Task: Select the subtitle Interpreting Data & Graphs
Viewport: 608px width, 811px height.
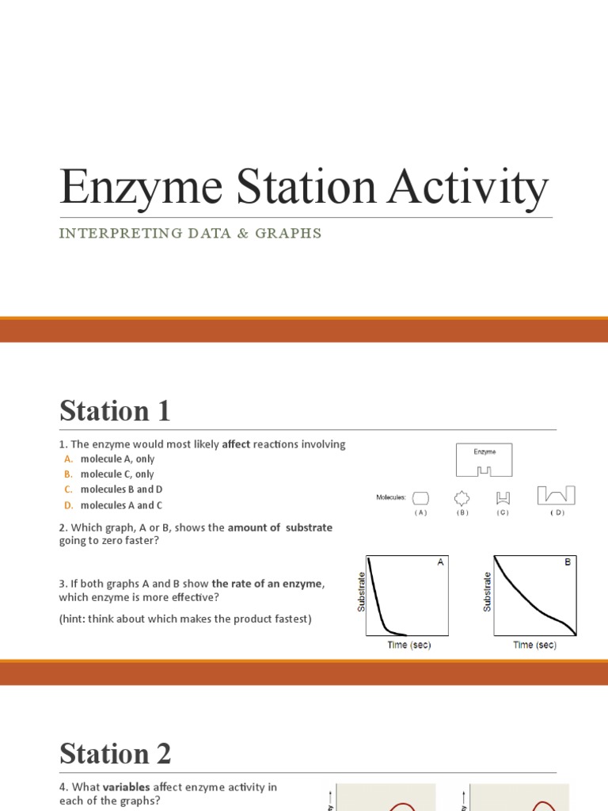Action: point(191,233)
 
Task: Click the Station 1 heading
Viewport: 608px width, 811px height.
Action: point(115,411)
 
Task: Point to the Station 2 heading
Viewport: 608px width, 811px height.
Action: point(116,754)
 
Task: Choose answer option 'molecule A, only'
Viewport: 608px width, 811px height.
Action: point(117,459)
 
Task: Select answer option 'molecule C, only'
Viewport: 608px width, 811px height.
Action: point(117,474)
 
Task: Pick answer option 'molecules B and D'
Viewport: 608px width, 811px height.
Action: point(121,489)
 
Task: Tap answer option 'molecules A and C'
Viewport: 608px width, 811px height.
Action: point(120,505)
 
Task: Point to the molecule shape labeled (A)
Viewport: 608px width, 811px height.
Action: point(420,497)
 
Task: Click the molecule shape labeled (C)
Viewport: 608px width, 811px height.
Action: point(503,497)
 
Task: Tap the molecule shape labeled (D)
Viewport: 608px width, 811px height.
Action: point(556,496)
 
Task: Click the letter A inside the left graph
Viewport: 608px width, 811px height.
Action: point(440,562)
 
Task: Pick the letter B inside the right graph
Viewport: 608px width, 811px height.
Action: point(568,562)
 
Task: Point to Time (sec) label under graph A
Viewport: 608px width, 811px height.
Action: point(408,645)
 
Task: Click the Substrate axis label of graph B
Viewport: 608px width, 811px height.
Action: point(488,592)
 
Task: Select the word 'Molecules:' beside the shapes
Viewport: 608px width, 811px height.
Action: point(391,498)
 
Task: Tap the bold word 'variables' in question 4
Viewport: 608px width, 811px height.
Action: point(127,787)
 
